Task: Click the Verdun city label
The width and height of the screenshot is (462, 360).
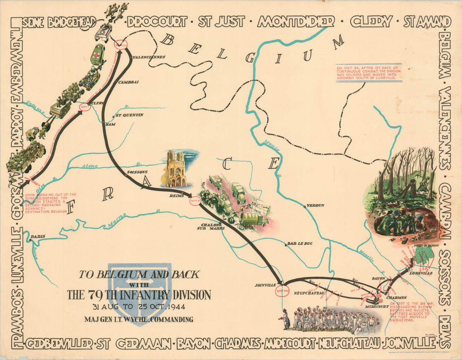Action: [x=316, y=205]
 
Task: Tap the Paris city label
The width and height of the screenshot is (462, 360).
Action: [x=38, y=237]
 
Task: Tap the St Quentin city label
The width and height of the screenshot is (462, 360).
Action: [x=129, y=115]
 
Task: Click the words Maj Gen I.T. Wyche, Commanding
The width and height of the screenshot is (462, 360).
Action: [x=139, y=319]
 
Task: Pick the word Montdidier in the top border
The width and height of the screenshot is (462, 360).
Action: [x=296, y=22]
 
